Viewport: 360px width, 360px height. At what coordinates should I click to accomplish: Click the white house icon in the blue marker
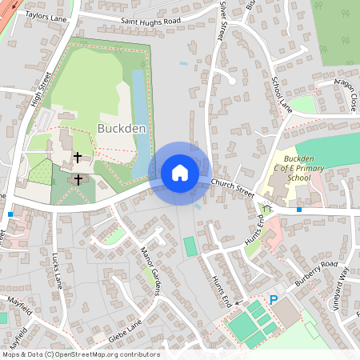click(x=180, y=172)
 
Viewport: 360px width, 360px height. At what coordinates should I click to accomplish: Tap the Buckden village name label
click(x=121, y=128)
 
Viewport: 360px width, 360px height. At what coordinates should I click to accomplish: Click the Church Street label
click(x=233, y=188)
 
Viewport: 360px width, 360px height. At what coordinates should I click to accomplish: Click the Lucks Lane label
click(x=57, y=270)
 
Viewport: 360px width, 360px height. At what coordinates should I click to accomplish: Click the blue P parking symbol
click(x=273, y=300)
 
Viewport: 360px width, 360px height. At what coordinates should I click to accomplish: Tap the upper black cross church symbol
click(x=78, y=157)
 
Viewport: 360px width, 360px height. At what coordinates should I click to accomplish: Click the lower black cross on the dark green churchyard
click(x=78, y=179)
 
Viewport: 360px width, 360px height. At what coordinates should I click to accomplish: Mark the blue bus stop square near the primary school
click(x=298, y=210)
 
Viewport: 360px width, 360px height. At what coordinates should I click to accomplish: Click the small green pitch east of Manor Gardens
click(x=190, y=246)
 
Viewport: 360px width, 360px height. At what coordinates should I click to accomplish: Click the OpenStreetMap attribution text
click(x=80, y=354)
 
